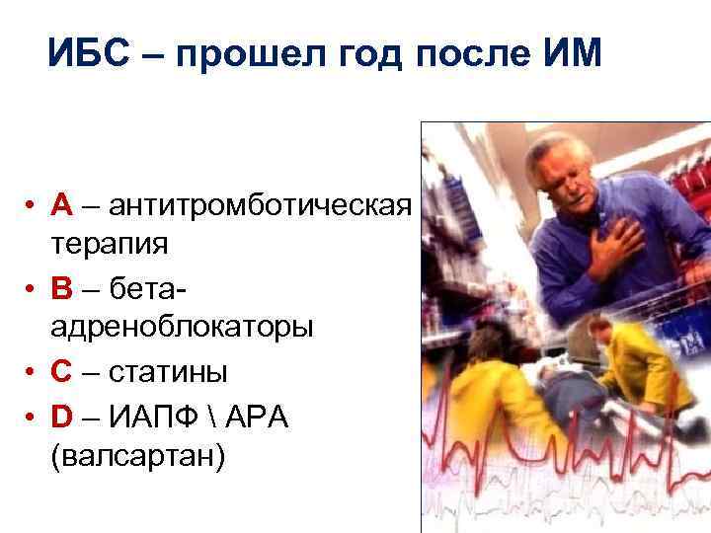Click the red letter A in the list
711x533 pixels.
(63, 205)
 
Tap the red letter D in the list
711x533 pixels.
(63, 417)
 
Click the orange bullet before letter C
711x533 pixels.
(33, 374)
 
